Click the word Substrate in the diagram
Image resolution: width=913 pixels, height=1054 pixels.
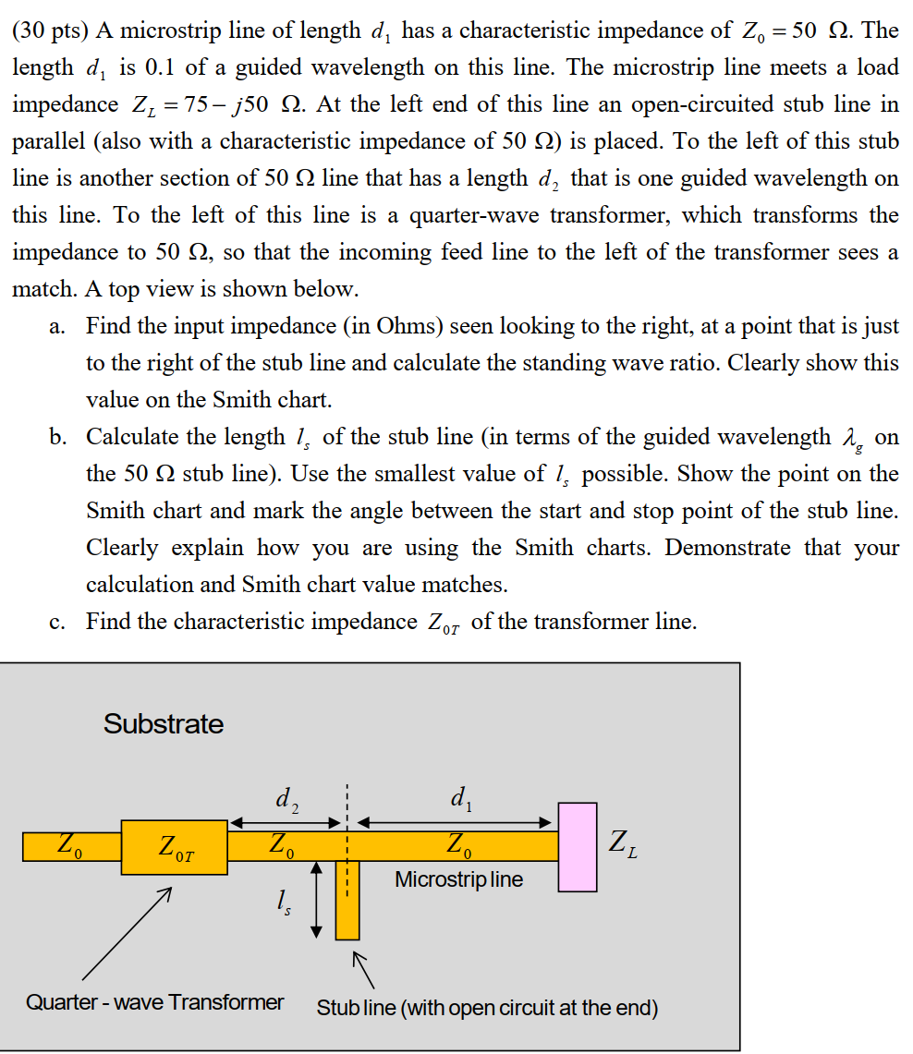click(x=164, y=723)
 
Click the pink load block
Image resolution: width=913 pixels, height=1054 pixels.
click(x=578, y=847)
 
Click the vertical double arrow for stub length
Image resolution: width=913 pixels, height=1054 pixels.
click(x=317, y=900)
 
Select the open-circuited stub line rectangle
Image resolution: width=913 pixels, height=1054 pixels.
click(x=347, y=900)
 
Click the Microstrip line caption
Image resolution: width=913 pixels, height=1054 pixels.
click(x=458, y=879)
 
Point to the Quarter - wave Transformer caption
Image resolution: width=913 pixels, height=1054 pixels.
click(x=154, y=1002)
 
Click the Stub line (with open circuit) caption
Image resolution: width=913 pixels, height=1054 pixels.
click(x=487, y=1007)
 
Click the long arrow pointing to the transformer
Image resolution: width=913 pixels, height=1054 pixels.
click(x=126, y=934)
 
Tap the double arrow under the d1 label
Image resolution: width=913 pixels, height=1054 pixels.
click(x=454, y=821)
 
